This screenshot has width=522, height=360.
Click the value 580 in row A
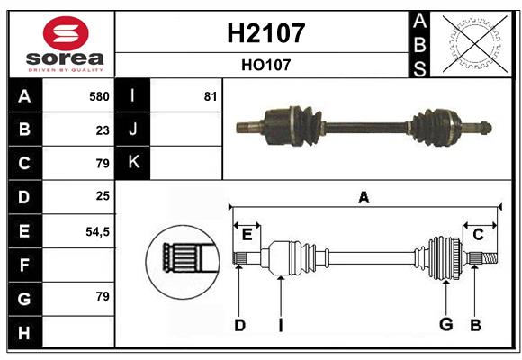pos(98,96)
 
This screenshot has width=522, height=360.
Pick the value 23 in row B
pos(102,130)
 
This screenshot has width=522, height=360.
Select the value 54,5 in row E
pos(97,231)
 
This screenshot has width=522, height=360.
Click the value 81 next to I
pos(211,96)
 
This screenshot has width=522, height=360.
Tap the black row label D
pos(24,197)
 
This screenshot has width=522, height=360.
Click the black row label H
pos(24,332)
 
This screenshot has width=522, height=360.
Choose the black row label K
pos(133,163)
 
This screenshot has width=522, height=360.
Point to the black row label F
pos(24,265)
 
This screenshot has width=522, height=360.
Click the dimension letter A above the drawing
pos(364,197)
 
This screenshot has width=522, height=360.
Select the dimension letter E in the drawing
pos(247,234)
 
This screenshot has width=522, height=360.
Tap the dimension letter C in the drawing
pos(478,234)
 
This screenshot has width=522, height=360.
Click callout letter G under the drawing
pos(445,325)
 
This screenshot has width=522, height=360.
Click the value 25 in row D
pos(102,197)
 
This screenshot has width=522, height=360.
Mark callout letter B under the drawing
pos(476,325)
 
